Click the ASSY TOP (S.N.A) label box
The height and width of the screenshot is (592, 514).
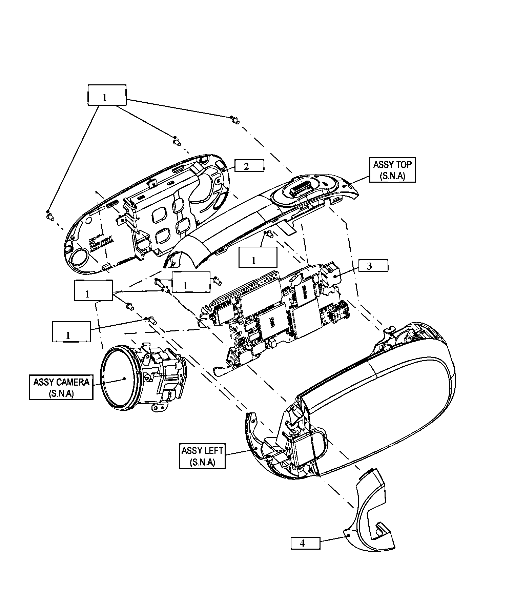392,170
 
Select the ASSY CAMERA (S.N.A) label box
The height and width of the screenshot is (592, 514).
61,387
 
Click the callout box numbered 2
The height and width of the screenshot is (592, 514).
249,166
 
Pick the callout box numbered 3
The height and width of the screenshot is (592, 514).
372,266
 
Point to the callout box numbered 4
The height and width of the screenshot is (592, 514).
305,543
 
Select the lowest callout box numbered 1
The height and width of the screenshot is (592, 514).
71,331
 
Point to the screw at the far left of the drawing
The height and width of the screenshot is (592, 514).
50,216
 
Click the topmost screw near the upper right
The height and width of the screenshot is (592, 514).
235,120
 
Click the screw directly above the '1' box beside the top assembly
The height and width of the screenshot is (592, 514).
269,233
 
